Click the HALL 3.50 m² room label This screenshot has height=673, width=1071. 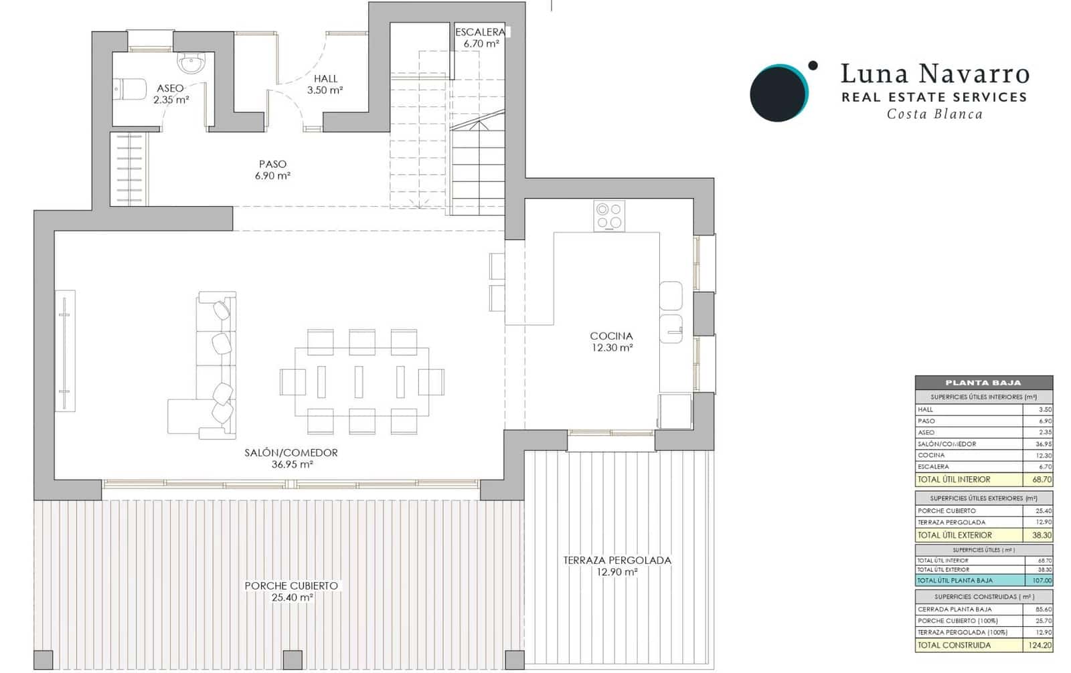click(x=325, y=84)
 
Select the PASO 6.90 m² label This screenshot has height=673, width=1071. click(x=272, y=170)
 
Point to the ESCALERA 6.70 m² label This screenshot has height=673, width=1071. click(x=480, y=37)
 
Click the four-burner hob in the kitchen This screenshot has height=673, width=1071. click(x=609, y=216)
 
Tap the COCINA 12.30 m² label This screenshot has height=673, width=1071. click(x=611, y=342)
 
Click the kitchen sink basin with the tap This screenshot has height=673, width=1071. click(x=671, y=328)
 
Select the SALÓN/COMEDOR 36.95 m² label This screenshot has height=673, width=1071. click(x=291, y=458)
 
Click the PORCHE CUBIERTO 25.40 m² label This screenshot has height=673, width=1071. click(x=291, y=591)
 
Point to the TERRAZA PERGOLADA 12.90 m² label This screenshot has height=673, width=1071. click(x=616, y=566)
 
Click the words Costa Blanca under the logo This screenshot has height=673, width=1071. click(x=934, y=114)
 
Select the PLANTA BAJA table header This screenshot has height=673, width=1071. click(x=983, y=383)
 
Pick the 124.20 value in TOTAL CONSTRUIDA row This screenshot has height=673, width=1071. click(x=1038, y=646)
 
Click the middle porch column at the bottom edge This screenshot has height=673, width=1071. click(x=293, y=660)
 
